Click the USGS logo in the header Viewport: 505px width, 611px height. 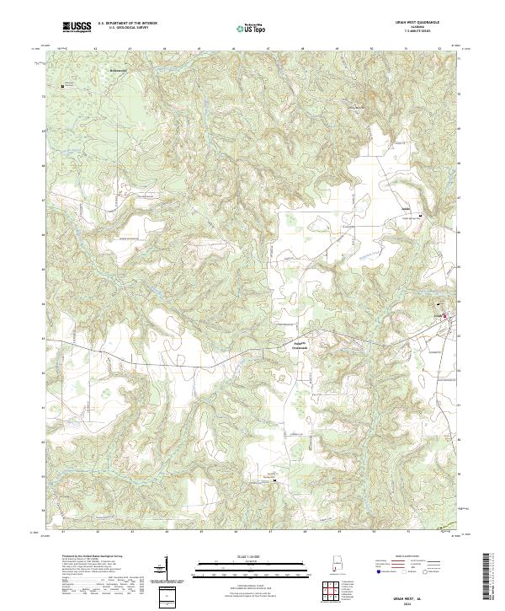(77, 28)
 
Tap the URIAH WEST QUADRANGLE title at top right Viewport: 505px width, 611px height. (417, 21)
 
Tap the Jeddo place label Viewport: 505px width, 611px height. (405, 207)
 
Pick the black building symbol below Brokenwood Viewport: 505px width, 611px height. (61, 86)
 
